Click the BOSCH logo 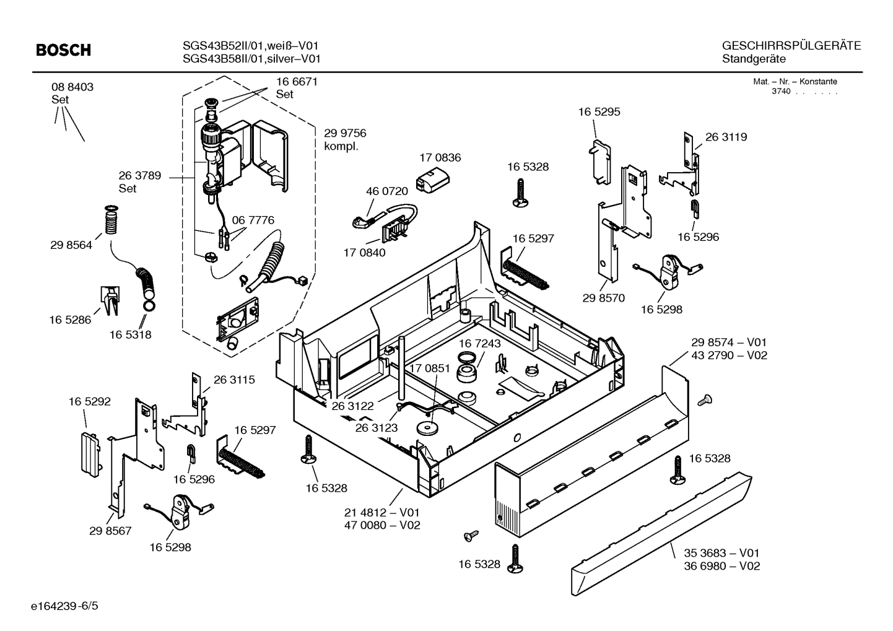pos(63,50)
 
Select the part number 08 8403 pos(72,87)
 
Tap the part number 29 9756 pos(345,133)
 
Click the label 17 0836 pos(440,158)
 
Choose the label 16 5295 pos(599,112)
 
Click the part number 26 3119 pos(726,137)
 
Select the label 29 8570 pos(603,298)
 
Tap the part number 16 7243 pos(480,343)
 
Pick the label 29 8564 pos(71,245)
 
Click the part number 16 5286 pos(70,320)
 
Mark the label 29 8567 pos(110,531)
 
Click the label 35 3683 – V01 pos(721,553)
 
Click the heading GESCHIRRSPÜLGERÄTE pos(791,46)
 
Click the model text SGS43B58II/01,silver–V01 pos(251,59)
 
